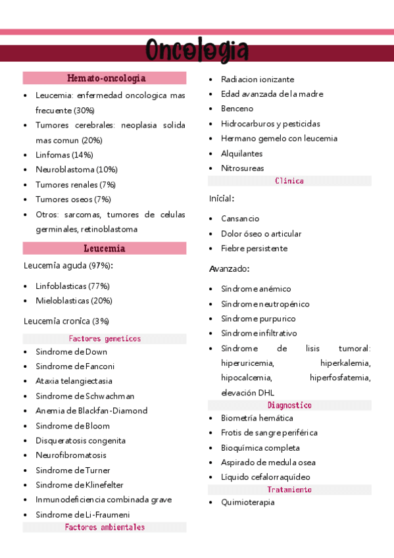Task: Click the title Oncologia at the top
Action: coord(197,51)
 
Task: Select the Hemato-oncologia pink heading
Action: coord(105,78)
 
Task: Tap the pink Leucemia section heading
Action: coord(105,249)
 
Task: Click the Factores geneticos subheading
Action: coord(105,339)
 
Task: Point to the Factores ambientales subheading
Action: coord(105,527)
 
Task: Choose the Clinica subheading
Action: coord(289,181)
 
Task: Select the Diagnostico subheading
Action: coord(289,405)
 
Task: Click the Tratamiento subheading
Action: coord(289,490)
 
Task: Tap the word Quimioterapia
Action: coord(248,503)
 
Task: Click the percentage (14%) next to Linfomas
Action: coord(83,155)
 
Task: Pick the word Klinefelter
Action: coord(99,485)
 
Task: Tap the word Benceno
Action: coord(237,109)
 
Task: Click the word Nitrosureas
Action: coord(242,168)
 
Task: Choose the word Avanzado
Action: coord(229,269)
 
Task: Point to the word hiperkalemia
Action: coord(345,363)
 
